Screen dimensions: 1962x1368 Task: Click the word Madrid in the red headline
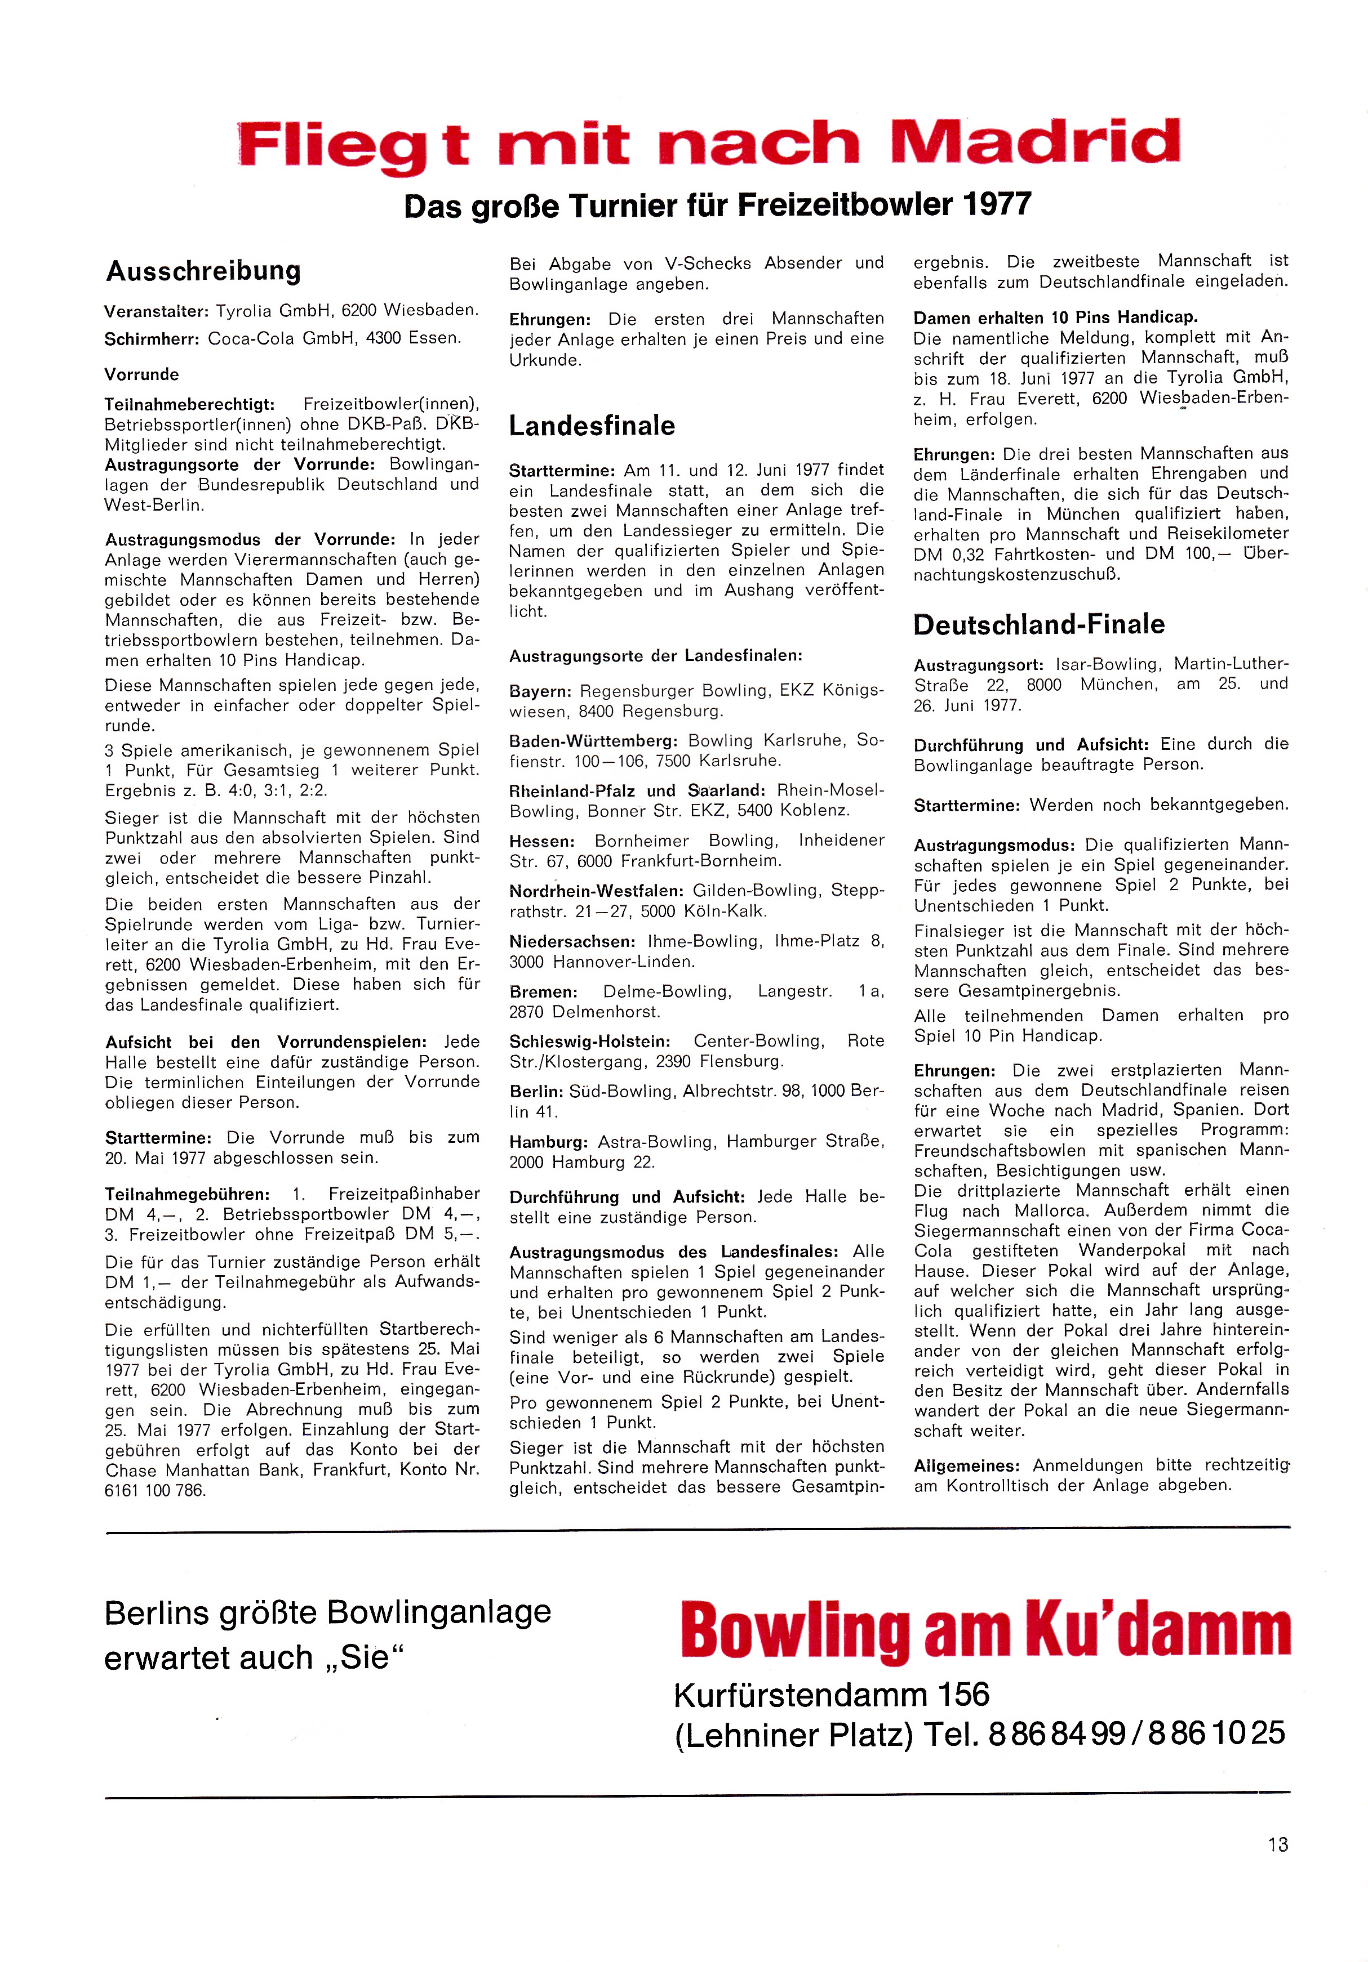[1034, 142]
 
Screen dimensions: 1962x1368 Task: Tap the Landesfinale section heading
[592, 426]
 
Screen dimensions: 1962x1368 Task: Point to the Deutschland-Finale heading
[1039, 625]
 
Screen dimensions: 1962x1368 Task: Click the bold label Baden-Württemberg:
[593, 741]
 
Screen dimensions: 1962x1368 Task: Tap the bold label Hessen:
[542, 841]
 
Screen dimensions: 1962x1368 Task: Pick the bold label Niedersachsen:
[572, 942]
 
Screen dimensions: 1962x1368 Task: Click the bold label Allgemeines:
[967, 1465]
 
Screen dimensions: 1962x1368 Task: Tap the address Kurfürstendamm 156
[831, 1695]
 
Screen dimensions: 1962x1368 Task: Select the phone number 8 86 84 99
[1056, 1733]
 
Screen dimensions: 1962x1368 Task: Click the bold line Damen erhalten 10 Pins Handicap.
[1055, 317]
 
